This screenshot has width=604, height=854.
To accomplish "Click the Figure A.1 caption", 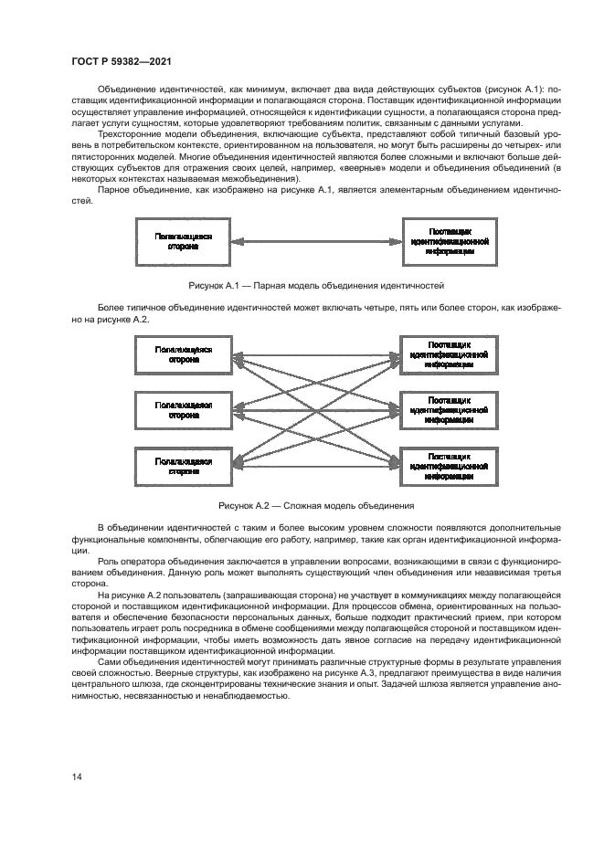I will (315, 285).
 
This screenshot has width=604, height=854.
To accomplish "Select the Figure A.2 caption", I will (316, 505).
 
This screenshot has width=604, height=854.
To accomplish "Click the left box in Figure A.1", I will (183, 241).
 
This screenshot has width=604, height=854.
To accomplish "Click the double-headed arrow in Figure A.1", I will (315, 241).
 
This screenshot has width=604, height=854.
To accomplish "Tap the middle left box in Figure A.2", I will (183, 409).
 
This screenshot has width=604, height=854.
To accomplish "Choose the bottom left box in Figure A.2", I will (183, 466).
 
